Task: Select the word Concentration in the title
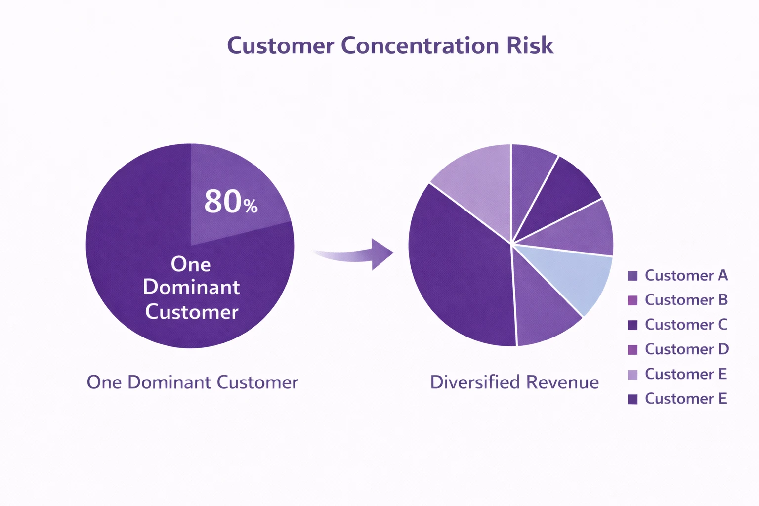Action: [420, 45]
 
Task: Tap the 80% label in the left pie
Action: [231, 202]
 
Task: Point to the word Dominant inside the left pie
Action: [191, 287]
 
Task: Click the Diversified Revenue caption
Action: [514, 382]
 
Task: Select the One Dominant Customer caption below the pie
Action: [192, 382]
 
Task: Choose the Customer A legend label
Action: [686, 275]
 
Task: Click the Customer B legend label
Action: [686, 300]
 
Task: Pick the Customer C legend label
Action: [686, 325]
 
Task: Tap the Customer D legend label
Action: [686, 349]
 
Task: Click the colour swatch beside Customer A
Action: [632, 276]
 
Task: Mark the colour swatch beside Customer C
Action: [632, 325]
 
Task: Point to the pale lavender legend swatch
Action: [632, 375]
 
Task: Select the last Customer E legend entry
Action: [686, 399]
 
